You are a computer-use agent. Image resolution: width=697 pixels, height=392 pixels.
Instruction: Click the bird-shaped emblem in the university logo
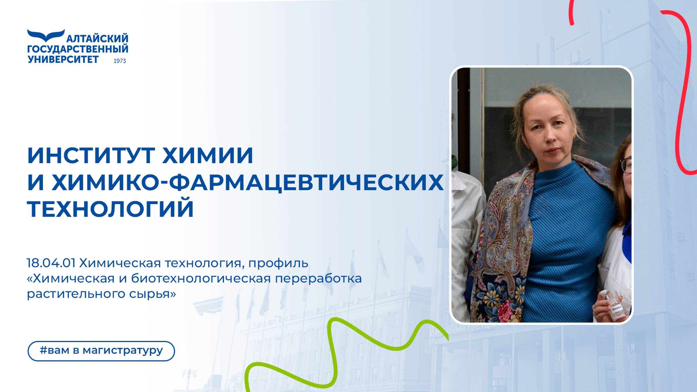click(46, 35)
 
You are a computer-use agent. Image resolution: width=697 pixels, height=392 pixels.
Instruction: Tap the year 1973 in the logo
click(119, 61)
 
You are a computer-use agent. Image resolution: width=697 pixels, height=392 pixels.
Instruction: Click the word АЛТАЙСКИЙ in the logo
click(97, 39)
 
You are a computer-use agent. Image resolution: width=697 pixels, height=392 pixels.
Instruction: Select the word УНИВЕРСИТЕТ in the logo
click(63, 59)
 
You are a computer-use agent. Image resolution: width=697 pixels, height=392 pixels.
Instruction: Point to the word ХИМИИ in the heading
click(208, 155)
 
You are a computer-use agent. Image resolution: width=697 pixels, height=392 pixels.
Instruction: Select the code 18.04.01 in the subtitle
click(51, 263)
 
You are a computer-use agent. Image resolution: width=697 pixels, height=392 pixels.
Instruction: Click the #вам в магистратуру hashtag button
click(101, 351)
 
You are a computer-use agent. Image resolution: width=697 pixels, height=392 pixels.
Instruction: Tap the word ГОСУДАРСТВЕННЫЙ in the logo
click(78, 49)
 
